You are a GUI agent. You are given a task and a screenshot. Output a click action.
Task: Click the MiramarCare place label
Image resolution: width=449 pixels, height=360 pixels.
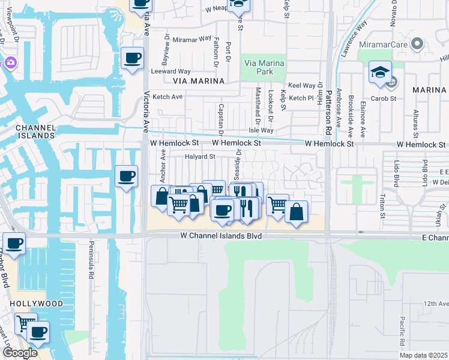(384, 44)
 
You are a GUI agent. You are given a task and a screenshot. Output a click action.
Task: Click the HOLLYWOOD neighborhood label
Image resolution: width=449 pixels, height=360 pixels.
(36, 304)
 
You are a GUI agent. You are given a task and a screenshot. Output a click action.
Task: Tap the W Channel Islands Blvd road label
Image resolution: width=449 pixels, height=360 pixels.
(221, 236)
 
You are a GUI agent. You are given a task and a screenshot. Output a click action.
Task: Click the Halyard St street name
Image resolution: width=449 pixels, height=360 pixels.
(199, 157)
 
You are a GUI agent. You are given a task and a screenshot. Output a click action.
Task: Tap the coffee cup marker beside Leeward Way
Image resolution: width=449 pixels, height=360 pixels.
(132, 59)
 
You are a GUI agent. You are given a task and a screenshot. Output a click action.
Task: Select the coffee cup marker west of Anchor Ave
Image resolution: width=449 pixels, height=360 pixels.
(126, 176)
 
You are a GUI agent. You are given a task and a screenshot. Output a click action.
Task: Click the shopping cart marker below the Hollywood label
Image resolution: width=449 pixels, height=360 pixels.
(25, 323)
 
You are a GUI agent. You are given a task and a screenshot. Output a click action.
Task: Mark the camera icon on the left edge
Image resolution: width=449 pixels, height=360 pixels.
(10, 62)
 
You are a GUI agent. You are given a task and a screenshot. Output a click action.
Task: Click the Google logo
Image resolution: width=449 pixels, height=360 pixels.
(20, 352)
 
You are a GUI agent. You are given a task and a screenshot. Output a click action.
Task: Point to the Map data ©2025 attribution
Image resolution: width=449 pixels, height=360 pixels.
(423, 355)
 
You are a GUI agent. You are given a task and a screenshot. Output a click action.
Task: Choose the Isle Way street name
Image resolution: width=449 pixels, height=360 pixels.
(261, 130)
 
